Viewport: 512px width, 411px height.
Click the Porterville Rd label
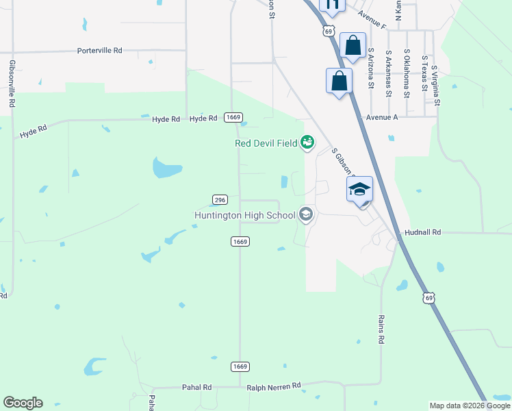99,51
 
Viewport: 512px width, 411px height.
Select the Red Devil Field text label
266,143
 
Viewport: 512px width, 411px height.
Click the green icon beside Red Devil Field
308,142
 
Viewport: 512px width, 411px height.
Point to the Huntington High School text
244,216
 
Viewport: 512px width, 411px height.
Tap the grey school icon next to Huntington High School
305,215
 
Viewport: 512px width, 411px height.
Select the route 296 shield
219,199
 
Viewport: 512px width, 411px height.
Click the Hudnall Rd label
424,233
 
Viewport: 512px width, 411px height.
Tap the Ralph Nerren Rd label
274,386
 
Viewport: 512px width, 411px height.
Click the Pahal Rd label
196,387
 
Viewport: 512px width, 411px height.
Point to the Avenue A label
382,117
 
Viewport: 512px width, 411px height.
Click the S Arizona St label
371,68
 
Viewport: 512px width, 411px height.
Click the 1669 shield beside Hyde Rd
233,118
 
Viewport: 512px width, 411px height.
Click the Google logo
23,403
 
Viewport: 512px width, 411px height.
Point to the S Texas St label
425,74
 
